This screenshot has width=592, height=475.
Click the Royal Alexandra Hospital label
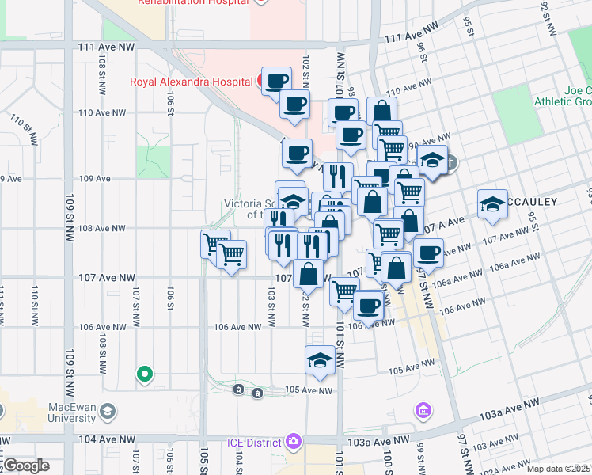click(186, 81)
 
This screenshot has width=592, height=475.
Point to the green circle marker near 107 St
click(144, 374)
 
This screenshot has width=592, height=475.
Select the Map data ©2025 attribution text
click(558, 469)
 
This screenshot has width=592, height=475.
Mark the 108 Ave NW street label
click(101, 228)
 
